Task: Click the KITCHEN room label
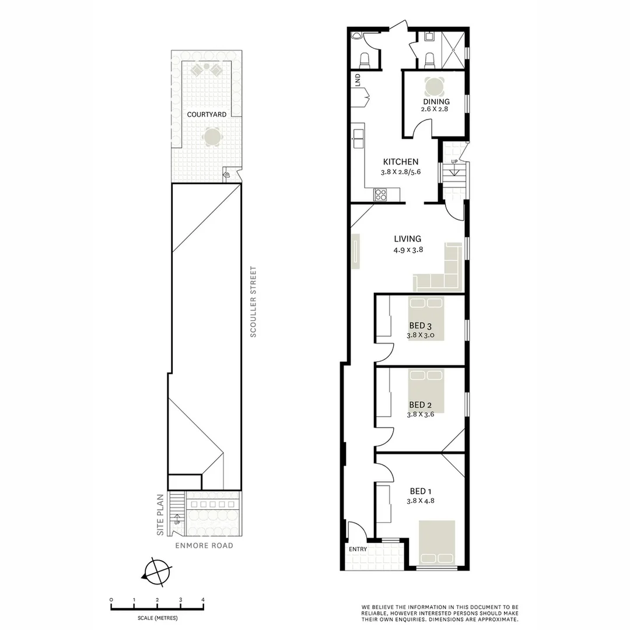401,162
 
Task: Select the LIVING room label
407,239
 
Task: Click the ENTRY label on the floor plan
358,549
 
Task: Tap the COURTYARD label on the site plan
206,114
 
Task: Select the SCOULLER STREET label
253,302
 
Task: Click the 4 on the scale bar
203,600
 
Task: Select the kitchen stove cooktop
381,195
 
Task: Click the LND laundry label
357,80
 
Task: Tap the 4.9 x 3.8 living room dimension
407,250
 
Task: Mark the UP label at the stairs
454,161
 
